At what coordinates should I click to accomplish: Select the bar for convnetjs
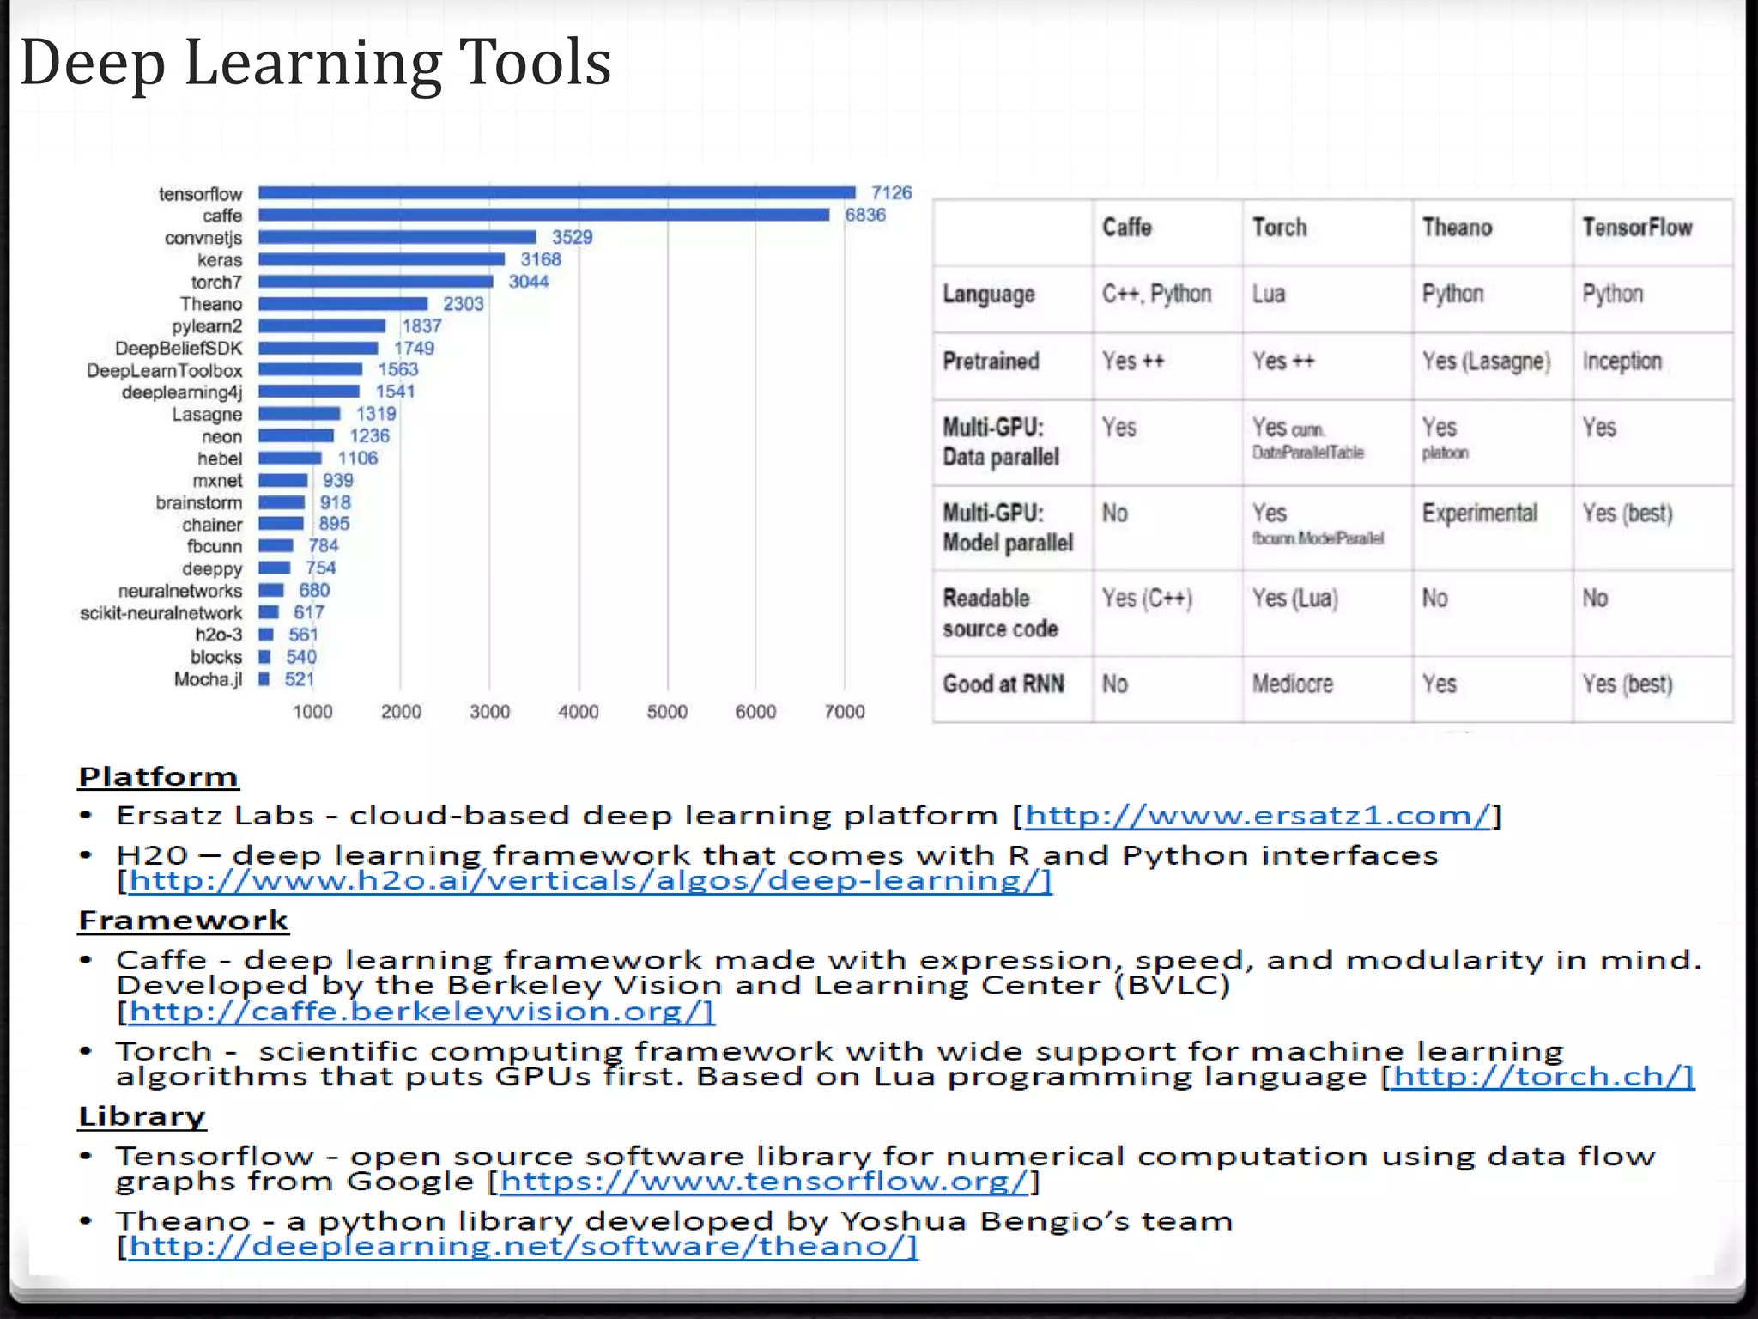(x=397, y=237)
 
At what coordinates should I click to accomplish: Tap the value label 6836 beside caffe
(x=864, y=215)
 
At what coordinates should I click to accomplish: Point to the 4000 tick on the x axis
(x=578, y=711)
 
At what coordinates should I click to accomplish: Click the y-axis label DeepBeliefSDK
(x=179, y=348)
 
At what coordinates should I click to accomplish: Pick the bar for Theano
(x=343, y=304)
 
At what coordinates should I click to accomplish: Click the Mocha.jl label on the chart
(x=208, y=679)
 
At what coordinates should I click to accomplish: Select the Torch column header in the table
(x=1279, y=228)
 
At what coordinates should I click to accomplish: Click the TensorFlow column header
(x=1637, y=228)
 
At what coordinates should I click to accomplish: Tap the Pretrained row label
(x=991, y=361)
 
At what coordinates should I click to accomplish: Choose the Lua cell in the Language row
(x=1268, y=294)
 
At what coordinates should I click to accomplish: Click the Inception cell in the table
(x=1622, y=361)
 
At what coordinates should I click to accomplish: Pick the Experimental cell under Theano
(x=1479, y=514)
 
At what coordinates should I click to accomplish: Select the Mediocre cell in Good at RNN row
(x=1292, y=684)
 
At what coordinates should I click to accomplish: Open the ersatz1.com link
(x=1257, y=815)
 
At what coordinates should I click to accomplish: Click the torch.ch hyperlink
(x=1542, y=1076)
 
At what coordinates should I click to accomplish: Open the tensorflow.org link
(x=763, y=1182)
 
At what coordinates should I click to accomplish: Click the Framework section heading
(x=183, y=921)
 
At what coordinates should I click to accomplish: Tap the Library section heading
(x=142, y=1116)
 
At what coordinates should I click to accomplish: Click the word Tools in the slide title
(x=535, y=62)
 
